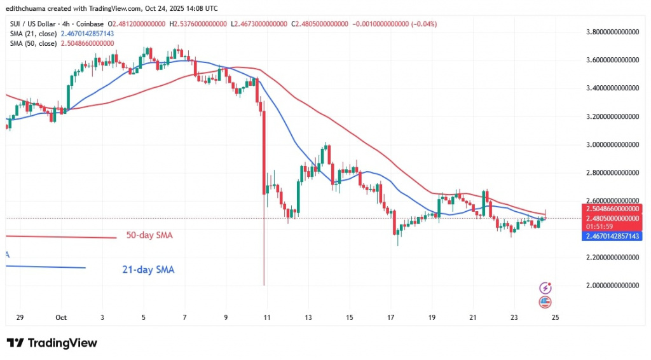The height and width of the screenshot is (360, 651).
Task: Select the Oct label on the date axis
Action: click(61, 317)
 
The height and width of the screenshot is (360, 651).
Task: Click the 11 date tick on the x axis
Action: click(266, 317)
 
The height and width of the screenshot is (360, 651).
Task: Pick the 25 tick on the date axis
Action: click(555, 317)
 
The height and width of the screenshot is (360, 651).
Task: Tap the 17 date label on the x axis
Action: click(390, 317)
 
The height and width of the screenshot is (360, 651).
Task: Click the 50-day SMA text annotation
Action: click(150, 235)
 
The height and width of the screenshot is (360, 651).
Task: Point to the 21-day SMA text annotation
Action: click(147, 270)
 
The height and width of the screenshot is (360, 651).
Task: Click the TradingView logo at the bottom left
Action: click(52, 343)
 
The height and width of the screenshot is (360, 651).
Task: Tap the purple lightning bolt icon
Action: click(544, 288)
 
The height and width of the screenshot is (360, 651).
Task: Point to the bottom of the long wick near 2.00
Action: click(263, 285)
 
